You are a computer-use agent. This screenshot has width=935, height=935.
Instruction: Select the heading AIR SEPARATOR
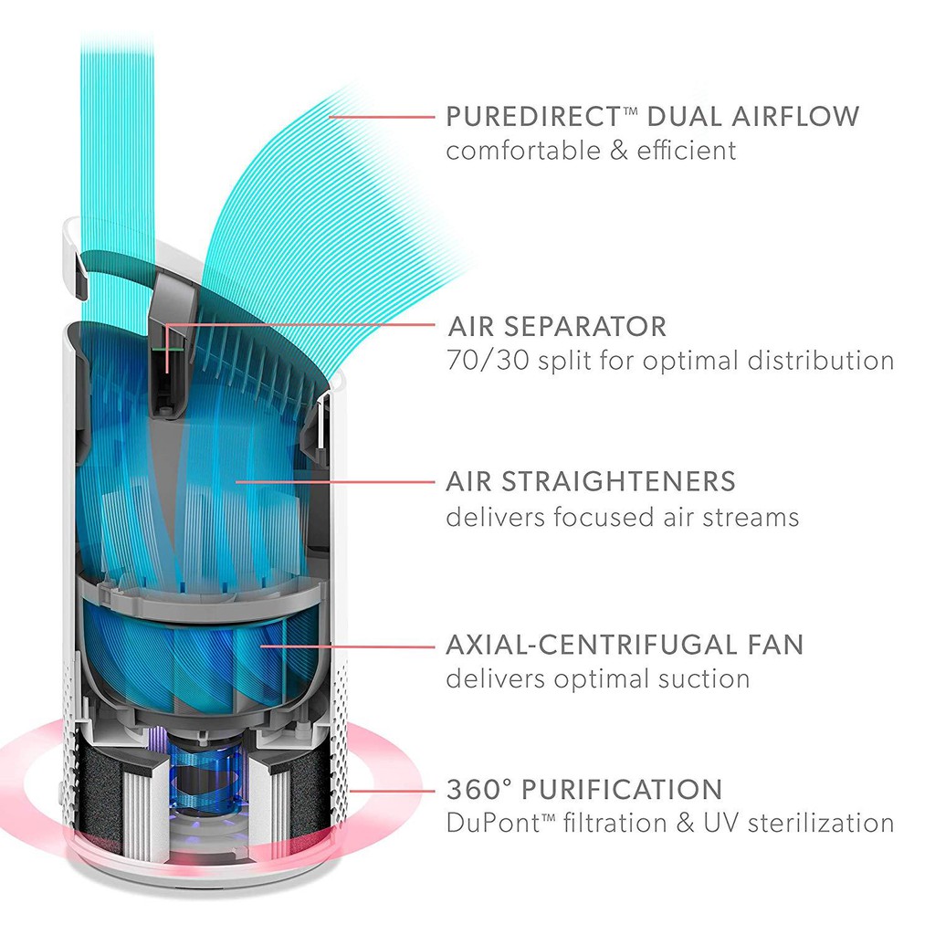(557, 326)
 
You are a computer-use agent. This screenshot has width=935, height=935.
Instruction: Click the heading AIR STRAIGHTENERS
(591, 481)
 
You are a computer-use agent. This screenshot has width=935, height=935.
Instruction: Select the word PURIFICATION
(622, 789)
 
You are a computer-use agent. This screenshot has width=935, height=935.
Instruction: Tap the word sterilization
(821, 823)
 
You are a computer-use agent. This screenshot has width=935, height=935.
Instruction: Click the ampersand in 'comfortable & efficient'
(619, 151)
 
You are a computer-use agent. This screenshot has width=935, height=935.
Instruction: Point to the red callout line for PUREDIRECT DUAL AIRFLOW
(382, 116)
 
